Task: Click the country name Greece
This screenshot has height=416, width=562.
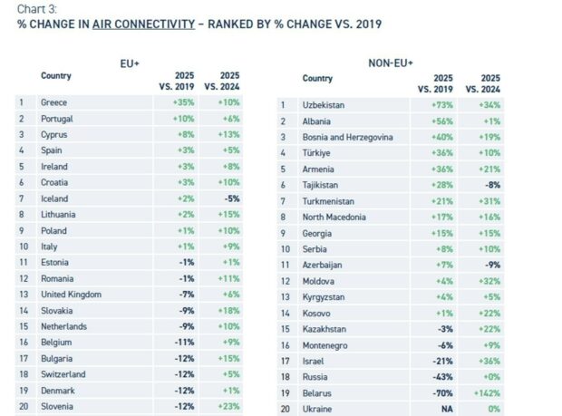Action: click(54, 102)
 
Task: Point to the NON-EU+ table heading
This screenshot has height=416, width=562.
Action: click(390, 63)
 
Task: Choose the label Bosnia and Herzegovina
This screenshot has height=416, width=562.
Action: click(347, 137)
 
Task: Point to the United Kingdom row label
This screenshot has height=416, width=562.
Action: click(71, 295)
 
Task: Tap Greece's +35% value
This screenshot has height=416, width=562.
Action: click(182, 102)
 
